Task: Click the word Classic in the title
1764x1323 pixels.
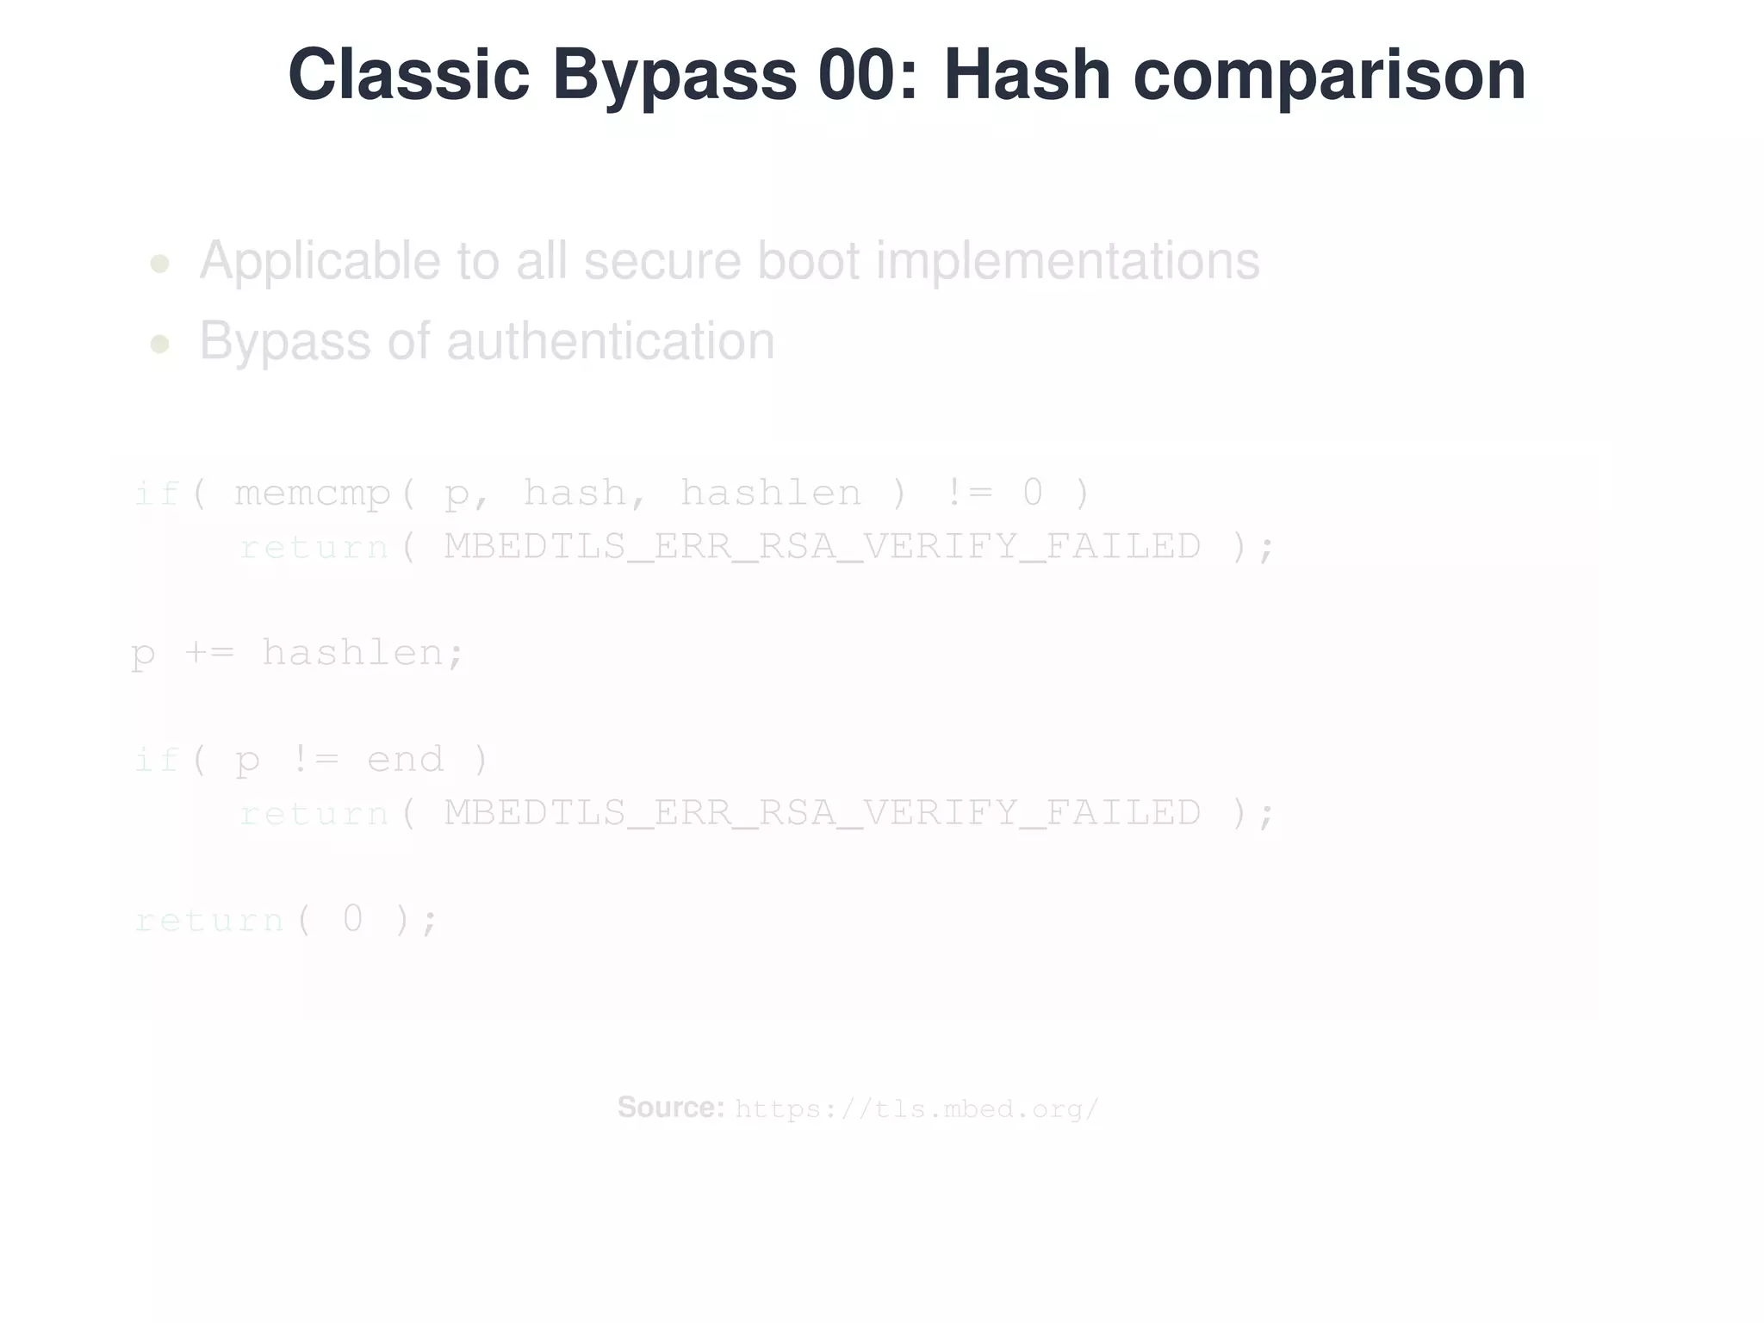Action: (x=408, y=75)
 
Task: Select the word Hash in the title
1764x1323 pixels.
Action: (x=1027, y=75)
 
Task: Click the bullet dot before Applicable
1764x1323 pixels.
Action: (x=159, y=264)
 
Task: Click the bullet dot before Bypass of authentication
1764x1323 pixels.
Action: (x=159, y=345)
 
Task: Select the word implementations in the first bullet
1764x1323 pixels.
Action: (x=1067, y=260)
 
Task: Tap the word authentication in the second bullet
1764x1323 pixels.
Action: (x=610, y=341)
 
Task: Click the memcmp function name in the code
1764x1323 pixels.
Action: (x=313, y=494)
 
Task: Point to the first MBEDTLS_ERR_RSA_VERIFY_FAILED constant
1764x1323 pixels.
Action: (x=823, y=547)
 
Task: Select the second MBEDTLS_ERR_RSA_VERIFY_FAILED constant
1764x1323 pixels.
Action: (x=823, y=813)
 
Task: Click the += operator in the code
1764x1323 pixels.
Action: (x=208, y=653)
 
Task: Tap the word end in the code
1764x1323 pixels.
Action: (x=406, y=760)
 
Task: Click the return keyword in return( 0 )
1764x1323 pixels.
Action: (x=209, y=920)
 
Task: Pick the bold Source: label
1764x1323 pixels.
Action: (x=671, y=1108)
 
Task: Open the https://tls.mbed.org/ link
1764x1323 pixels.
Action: (x=916, y=1109)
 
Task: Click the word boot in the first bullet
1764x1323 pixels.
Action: (x=809, y=260)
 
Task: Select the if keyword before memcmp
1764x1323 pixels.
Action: (x=157, y=494)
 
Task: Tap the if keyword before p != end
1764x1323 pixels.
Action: (x=157, y=760)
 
